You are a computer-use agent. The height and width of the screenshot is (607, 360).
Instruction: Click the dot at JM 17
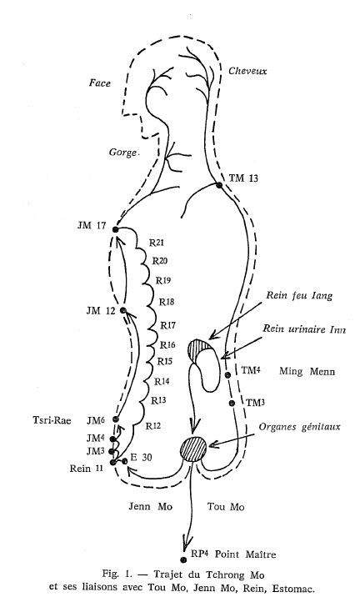click(115, 229)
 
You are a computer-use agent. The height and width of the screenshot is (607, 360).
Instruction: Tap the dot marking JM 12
click(123, 310)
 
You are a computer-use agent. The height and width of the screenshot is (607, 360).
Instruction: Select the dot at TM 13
click(219, 185)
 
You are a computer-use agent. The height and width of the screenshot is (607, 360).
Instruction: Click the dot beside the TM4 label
click(227, 374)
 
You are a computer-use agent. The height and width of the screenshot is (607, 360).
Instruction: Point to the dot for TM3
click(232, 404)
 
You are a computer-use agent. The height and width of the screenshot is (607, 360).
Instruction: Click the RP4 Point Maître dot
click(183, 559)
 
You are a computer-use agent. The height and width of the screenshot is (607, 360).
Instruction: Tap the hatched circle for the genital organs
click(193, 449)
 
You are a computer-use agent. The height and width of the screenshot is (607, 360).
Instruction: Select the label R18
click(167, 302)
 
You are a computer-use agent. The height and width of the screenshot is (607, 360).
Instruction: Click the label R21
click(157, 243)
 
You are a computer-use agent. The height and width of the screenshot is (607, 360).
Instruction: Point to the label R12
click(152, 426)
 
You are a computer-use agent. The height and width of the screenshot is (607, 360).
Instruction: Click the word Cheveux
click(247, 71)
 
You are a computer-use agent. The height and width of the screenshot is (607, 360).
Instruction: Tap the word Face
click(100, 83)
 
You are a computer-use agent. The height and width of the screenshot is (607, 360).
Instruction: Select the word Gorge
click(123, 153)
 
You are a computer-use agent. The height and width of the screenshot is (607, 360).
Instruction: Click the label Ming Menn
click(307, 371)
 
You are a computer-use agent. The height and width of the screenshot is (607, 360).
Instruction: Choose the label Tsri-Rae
click(52, 420)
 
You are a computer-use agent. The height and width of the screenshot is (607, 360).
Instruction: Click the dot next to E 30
click(125, 461)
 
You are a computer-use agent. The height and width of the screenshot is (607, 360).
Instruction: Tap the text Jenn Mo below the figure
click(150, 506)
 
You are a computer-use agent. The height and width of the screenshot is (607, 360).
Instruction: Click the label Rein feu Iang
click(299, 296)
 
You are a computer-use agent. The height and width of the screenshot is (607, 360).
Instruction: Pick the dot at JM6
click(115, 419)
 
